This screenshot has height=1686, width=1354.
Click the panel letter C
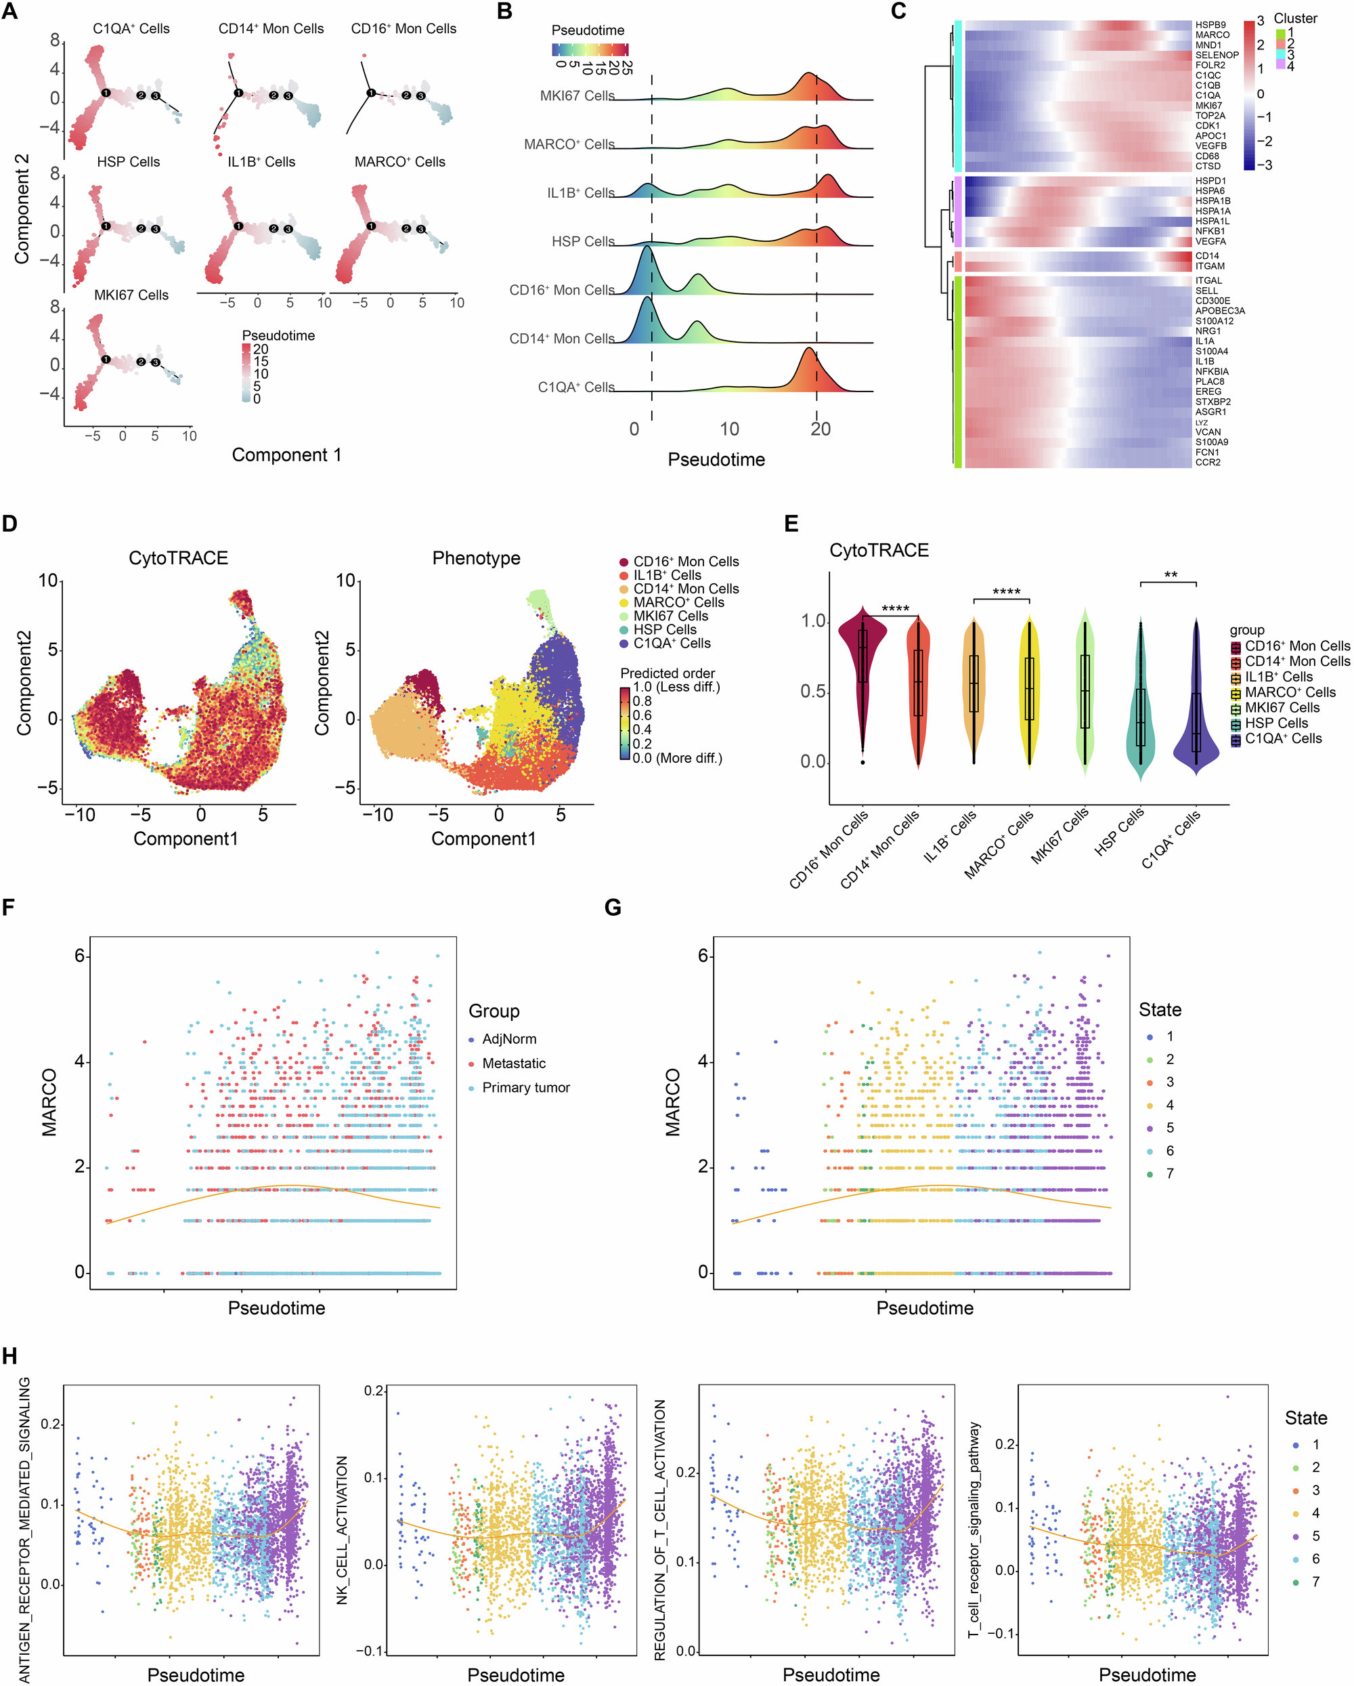899,11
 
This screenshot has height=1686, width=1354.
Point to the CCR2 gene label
1207,462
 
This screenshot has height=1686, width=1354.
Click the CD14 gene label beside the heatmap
1206,256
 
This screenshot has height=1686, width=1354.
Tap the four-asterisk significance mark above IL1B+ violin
1005,592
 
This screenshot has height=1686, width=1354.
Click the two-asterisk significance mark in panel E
1171,576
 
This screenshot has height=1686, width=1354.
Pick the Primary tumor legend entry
525,1087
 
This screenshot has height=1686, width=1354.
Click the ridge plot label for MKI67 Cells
577,96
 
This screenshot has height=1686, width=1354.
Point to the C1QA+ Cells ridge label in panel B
575,387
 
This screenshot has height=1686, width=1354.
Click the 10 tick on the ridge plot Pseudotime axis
728,429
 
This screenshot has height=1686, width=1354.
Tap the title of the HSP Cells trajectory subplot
128,162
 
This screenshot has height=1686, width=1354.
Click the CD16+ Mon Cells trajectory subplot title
403,29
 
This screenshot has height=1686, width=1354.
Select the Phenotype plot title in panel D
476,557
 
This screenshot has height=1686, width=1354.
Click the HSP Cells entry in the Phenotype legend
665,629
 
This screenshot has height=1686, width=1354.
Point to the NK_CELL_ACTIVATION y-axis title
343,1529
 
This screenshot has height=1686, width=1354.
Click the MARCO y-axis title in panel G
673,1103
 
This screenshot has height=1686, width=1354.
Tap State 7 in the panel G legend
1169,1173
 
